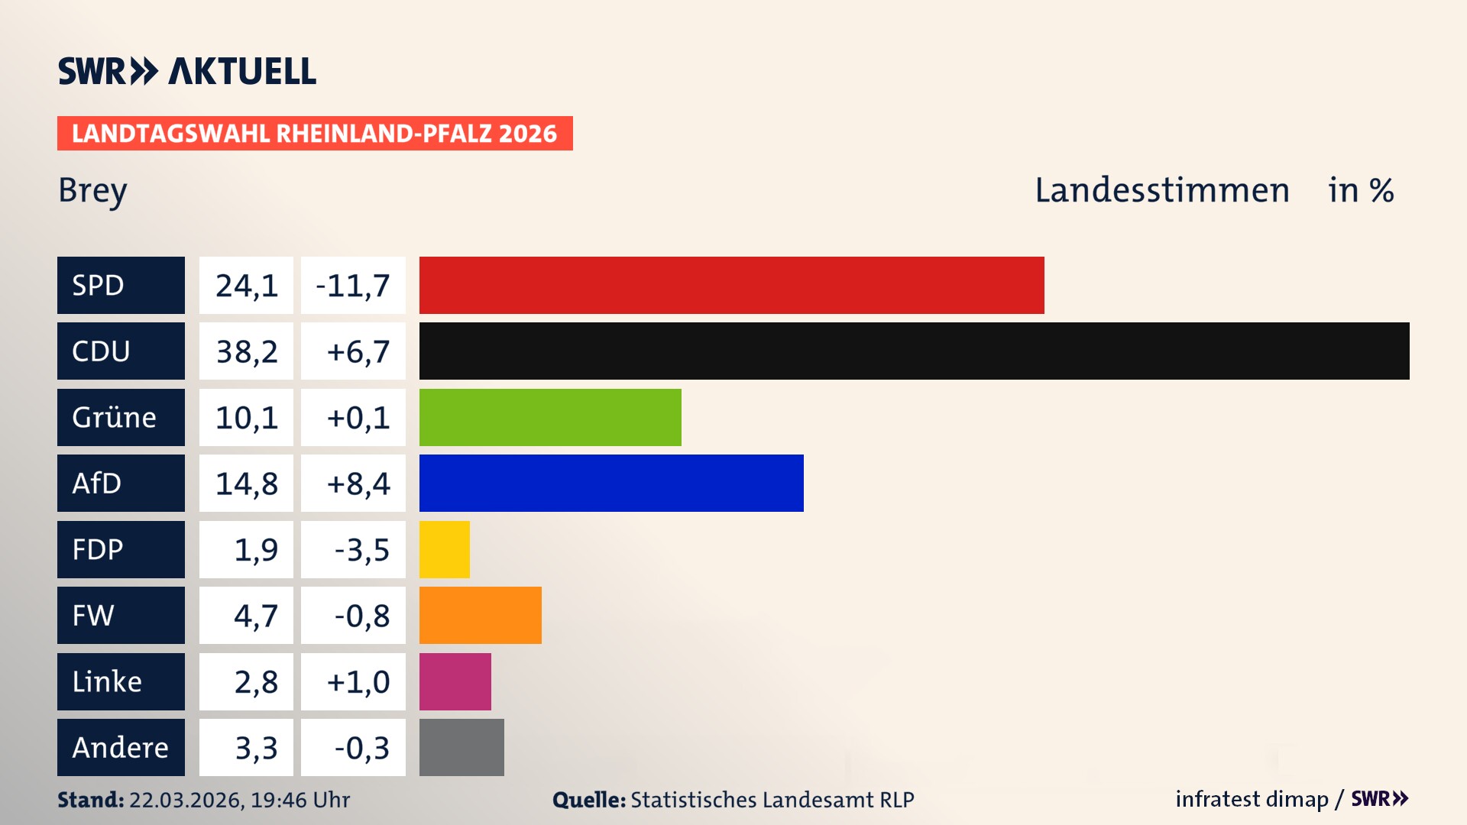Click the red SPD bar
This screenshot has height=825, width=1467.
(x=731, y=285)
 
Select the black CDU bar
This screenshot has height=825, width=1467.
(x=914, y=351)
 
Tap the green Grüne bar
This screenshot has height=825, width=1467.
(x=550, y=417)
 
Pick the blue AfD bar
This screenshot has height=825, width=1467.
(x=611, y=483)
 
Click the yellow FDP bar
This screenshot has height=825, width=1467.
(x=444, y=549)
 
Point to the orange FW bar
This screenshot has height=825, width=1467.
(x=480, y=615)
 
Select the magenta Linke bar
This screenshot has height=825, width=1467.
(x=455, y=681)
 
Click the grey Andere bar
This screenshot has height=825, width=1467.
(x=461, y=747)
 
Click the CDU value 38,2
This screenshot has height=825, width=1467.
(x=246, y=351)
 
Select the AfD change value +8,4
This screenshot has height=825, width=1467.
(x=358, y=484)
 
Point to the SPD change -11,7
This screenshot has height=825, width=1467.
(x=352, y=286)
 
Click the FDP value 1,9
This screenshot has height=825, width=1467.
(x=255, y=549)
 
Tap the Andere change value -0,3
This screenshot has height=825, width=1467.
(x=361, y=748)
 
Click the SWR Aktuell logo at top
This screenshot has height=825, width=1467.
(x=186, y=71)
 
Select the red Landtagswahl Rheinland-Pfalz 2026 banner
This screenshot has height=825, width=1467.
(x=314, y=134)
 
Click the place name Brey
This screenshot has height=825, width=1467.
(x=92, y=190)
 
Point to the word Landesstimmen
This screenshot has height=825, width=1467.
(x=1161, y=190)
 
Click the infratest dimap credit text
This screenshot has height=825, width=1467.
(x=1252, y=799)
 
